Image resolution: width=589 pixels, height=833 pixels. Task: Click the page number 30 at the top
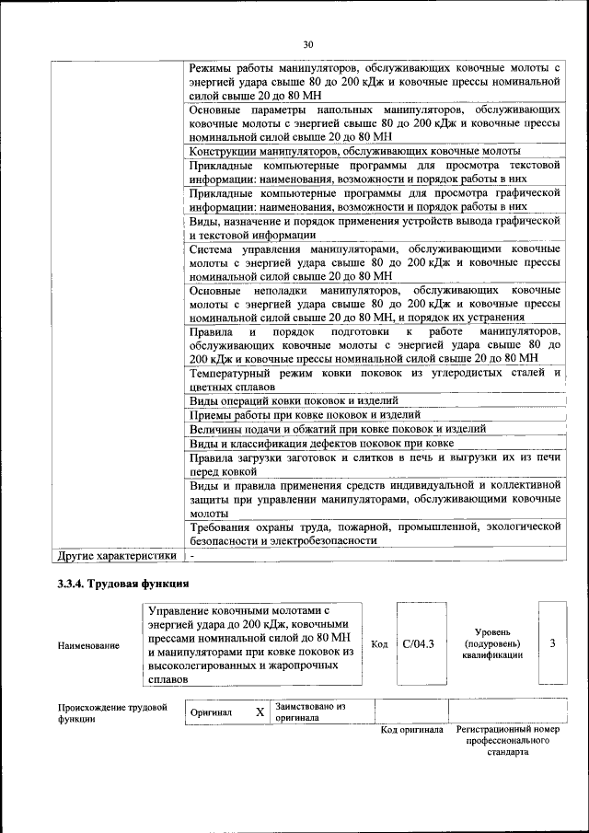[x=308, y=43]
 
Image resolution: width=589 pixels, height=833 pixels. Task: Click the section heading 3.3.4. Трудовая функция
[x=123, y=583]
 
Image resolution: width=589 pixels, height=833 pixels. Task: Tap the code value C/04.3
[x=418, y=643]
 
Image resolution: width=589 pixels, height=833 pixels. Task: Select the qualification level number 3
[x=552, y=643]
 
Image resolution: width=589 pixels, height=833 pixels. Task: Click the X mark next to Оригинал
[x=260, y=712]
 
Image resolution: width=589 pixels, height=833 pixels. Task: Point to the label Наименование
[x=88, y=645]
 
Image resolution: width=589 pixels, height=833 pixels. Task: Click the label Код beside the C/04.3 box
[x=378, y=643]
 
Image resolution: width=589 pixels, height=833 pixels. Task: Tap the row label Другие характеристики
[x=117, y=556]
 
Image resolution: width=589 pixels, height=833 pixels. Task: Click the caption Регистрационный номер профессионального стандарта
[x=508, y=740]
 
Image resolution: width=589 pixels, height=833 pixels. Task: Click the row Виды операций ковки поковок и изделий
[x=294, y=400]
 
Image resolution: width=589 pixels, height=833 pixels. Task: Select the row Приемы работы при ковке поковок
[x=305, y=415]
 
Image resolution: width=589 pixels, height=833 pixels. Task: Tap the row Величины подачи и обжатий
[x=337, y=429]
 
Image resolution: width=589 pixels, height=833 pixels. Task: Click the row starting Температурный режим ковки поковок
[x=375, y=379]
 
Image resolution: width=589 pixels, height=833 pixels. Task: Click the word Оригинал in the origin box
[x=212, y=712]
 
